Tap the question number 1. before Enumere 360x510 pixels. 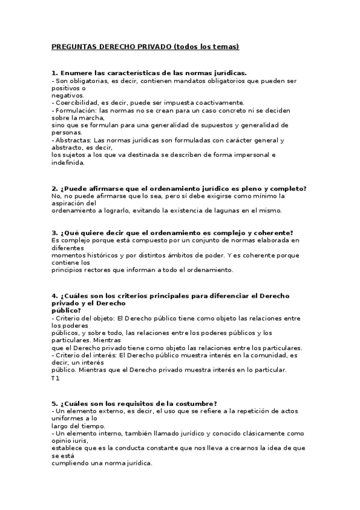[x=55, y=72]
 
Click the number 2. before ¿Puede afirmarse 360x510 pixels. [x=55, y=188]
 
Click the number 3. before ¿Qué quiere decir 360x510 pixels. [x=55, y=233]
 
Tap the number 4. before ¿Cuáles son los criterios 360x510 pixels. [x=55, y=296]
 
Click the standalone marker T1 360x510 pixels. [x=55, y=378]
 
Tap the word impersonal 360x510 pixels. [x=247, y=155]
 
